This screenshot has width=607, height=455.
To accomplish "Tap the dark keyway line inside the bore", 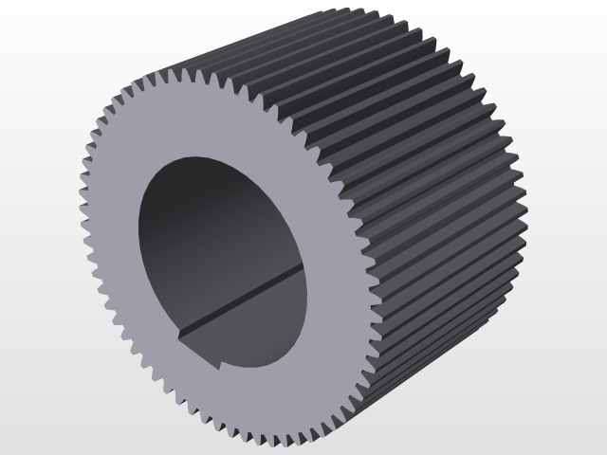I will [237, 304].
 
